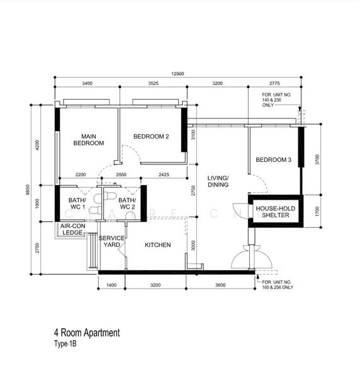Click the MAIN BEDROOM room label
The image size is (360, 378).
coord(88,139)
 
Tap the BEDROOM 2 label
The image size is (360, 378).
coord(150,136)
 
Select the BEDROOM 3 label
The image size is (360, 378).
coord(273,160)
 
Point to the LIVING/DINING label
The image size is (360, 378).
coord(218,182)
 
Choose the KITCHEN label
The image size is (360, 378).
coord(158,244)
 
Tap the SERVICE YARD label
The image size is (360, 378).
coord(112,241)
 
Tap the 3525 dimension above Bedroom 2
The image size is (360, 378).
coord(153,83)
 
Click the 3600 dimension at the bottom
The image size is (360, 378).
coord(220,285)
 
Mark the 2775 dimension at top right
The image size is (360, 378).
coord(274,83)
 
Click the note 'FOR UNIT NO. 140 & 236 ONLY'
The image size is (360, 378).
coord(278,100)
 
